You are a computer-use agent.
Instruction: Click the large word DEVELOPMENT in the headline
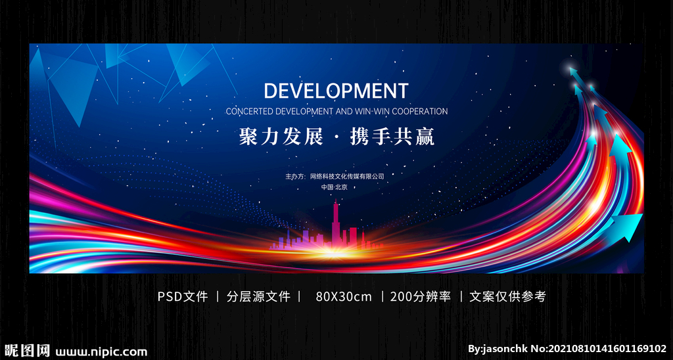336,91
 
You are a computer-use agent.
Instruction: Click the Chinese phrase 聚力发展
280,137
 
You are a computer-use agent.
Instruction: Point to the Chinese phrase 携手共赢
392,137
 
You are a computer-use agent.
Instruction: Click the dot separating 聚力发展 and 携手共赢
336,138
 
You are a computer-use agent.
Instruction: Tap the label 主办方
295,176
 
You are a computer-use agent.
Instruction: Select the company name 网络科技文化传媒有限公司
347,176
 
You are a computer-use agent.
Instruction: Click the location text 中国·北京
335,187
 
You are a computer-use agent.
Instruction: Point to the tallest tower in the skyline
336,223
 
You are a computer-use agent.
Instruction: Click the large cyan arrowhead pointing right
627,227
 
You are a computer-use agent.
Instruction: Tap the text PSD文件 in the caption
183,296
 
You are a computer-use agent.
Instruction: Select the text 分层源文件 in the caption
258,296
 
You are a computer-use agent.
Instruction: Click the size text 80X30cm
344,296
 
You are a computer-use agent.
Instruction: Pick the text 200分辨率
421,296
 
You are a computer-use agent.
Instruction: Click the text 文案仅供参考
507,296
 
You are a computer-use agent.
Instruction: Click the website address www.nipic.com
101,352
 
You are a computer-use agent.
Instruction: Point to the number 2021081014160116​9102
606,348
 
